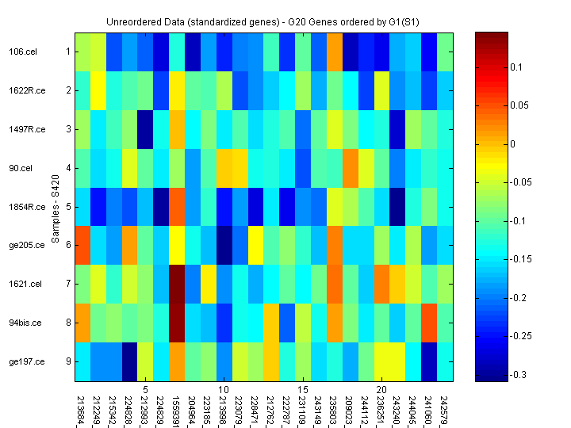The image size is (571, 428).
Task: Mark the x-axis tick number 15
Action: (x=302, y=390)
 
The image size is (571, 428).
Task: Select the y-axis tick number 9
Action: (x=68, y=362)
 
